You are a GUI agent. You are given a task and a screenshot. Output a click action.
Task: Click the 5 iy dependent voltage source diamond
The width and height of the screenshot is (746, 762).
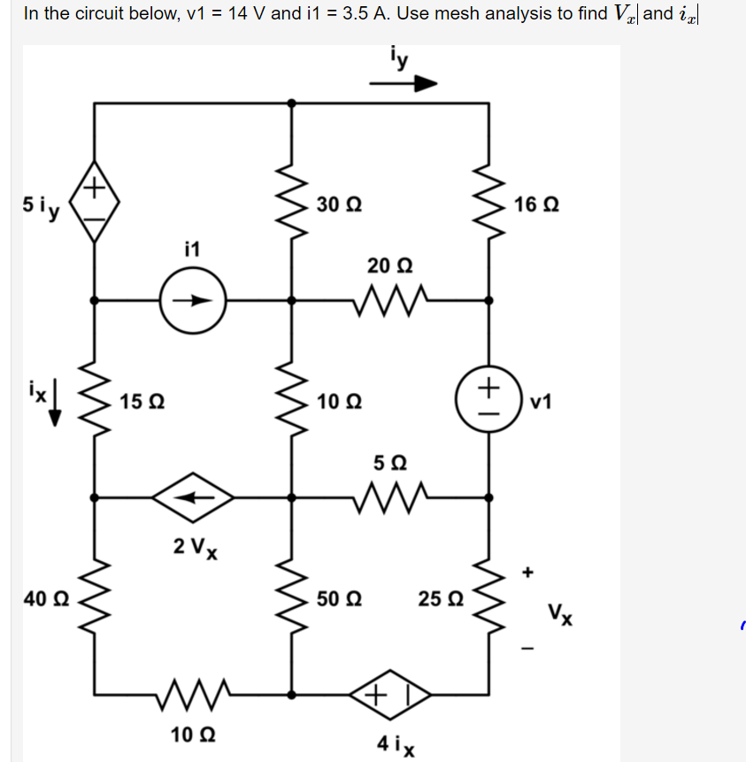[95, 203]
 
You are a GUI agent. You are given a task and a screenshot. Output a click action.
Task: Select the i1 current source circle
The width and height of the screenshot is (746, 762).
[193, 299]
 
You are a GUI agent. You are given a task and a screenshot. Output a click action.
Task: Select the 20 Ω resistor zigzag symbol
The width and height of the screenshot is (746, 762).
[390, 300]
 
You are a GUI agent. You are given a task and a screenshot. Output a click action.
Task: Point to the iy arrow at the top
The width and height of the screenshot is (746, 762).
[404, 84]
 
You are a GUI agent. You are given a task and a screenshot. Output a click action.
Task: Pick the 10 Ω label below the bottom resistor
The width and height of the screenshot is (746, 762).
[192, 735]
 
